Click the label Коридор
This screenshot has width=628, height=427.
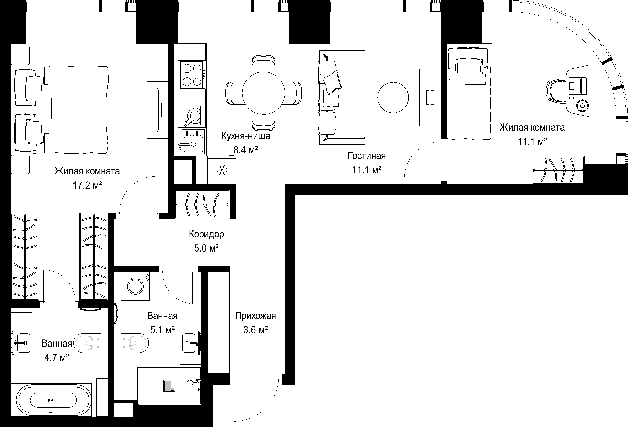click(x=206, y=234)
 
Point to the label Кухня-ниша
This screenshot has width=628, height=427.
click(x=246, y=136)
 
